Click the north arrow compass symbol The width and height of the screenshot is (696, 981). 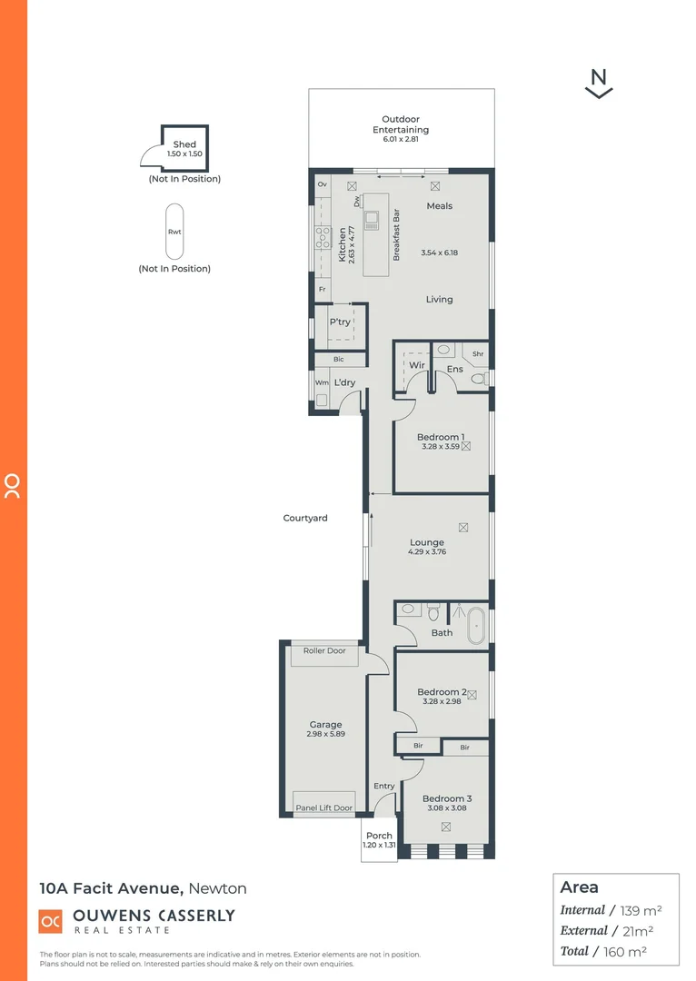coord(599,84)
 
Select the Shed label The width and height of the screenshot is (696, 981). coord(184,144)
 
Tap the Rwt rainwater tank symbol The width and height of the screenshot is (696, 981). coord(174,232)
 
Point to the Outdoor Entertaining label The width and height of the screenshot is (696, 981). coord(401,124)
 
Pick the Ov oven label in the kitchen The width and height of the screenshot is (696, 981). coord(322,184)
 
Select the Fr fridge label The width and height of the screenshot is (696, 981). coord(322,290)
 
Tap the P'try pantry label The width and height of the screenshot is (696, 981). coord(340,322)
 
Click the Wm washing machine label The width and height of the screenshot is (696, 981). coord(321,383)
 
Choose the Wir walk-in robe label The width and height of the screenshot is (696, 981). coord(417,365)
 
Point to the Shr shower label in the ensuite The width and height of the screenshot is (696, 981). coord(477,354)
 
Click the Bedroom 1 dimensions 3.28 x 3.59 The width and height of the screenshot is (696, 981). coord(442,447)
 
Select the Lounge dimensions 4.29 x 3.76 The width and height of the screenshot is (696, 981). coord(427,552)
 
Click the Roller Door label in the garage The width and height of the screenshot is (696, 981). coord(324,650)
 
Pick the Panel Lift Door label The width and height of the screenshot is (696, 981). coord(323,808)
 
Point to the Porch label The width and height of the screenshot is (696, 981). coord(379,836)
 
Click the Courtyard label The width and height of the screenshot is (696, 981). coord(305,518)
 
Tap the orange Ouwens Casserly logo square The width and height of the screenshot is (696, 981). coord(50,920)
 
